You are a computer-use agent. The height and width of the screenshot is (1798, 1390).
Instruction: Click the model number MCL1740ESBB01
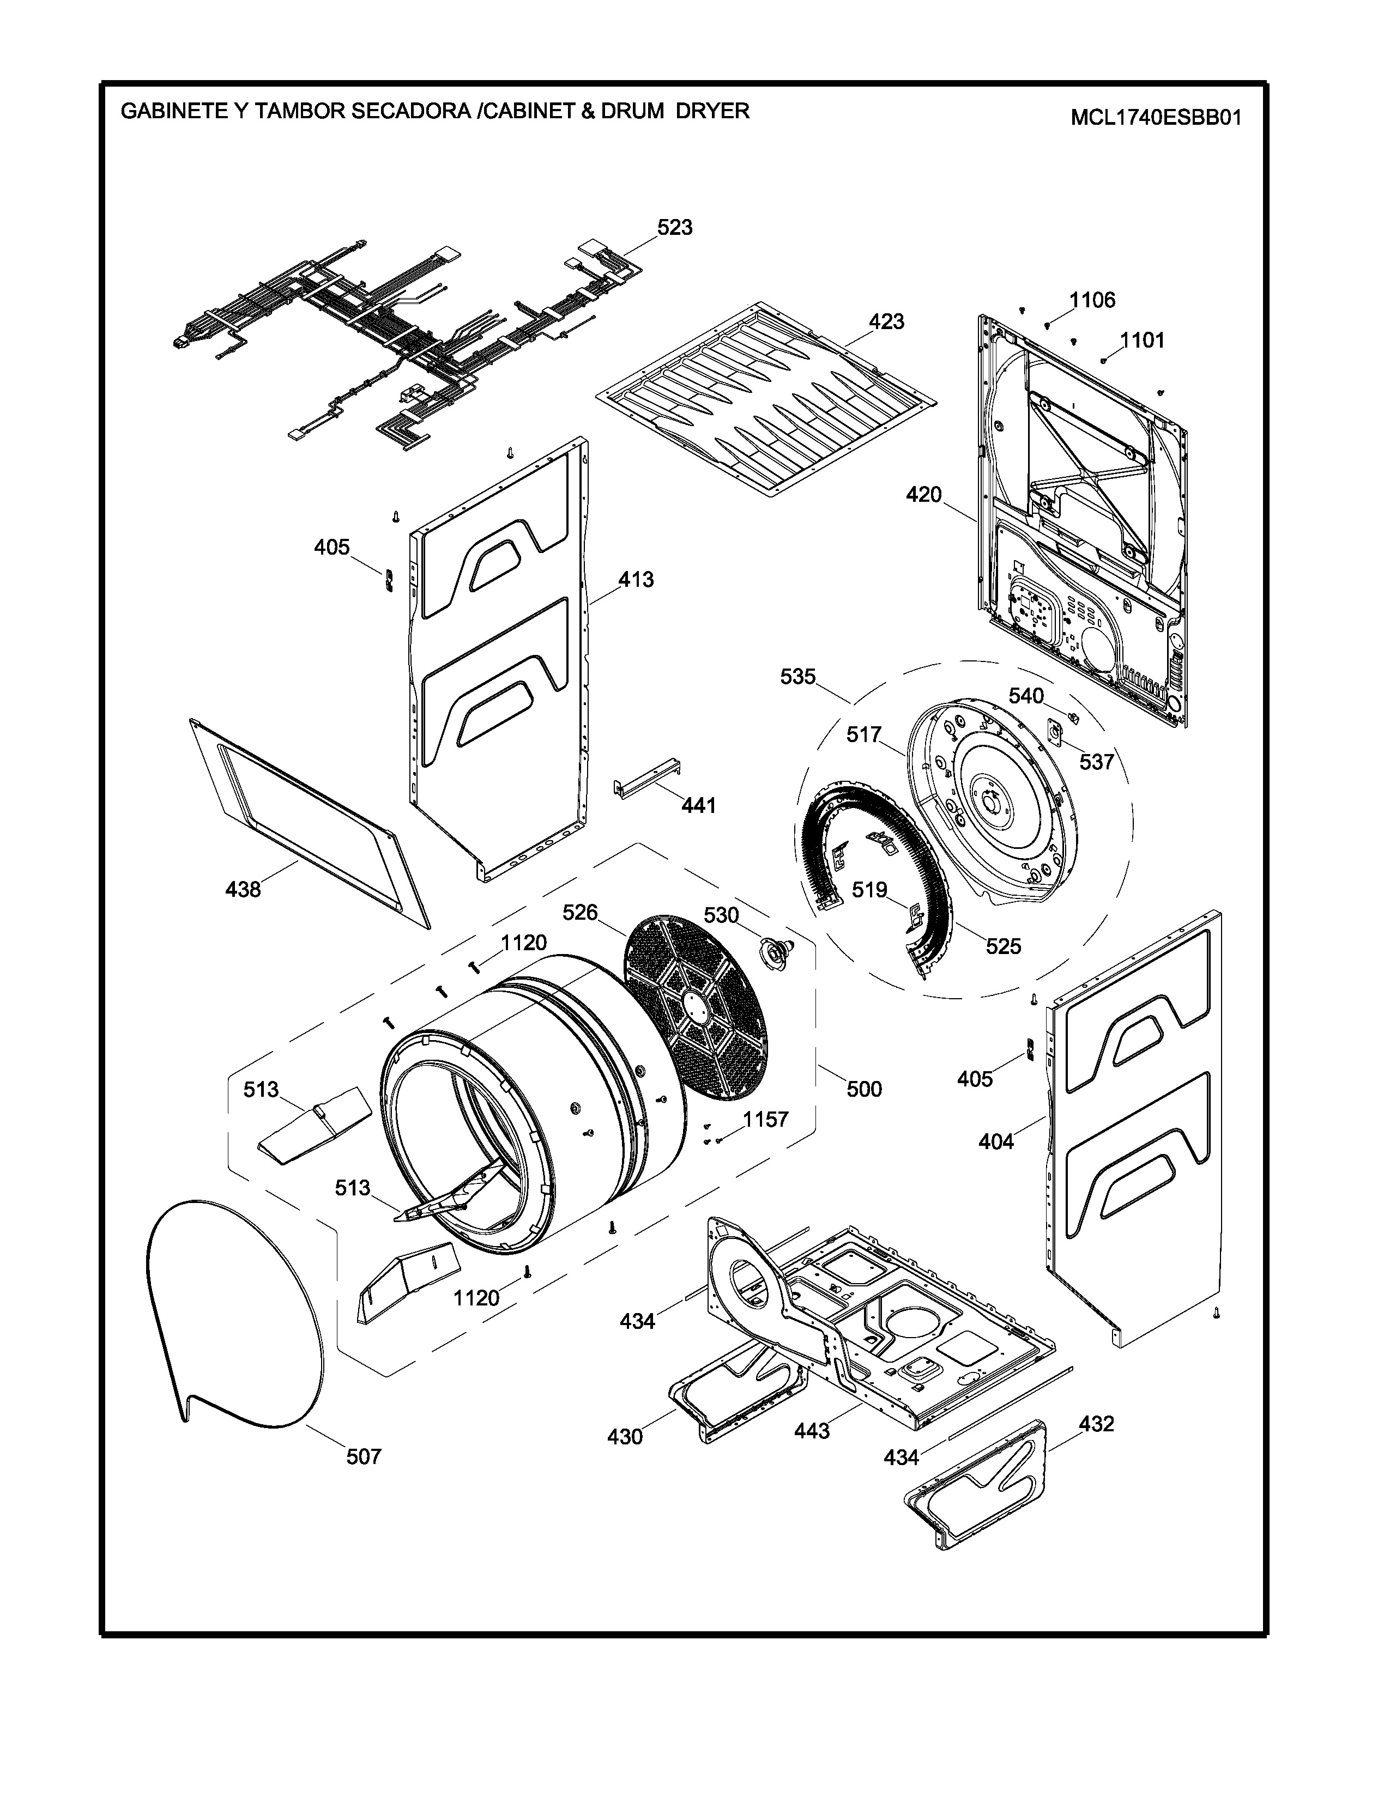(x=1155, y=118)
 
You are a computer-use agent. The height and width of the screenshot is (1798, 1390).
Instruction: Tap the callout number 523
(x=674, y=227)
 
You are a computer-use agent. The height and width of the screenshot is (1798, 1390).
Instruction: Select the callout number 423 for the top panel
(x=886, y=321)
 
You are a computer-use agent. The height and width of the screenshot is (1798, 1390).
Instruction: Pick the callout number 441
(x=698, y=805)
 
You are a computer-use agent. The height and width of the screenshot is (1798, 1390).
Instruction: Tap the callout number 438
(x=243, y=889)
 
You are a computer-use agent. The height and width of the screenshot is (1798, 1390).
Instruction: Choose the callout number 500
(x=864, y=1089)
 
